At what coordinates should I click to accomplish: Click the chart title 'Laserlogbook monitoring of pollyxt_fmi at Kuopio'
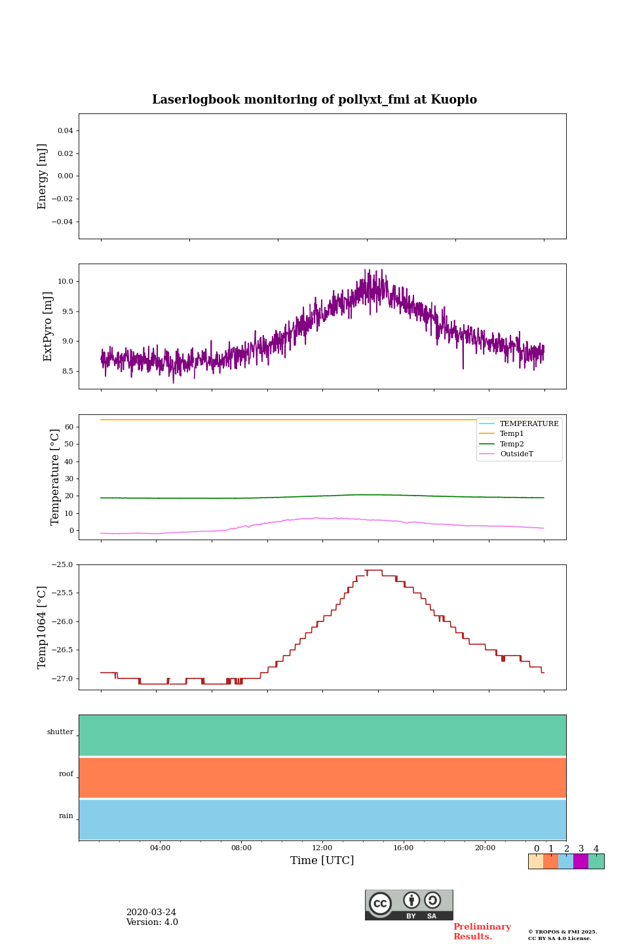pyautogui.click(x=314, y=100)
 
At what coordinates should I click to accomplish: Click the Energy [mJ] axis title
pyautogui.click(x=43, y=176)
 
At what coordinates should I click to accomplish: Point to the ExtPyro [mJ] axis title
pyautogui.click(x=48, y=326)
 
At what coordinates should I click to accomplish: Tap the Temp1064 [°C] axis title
pyautogui.click(x=43, y=627)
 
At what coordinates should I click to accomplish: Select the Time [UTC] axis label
pyautogui.click(x=322, y=860)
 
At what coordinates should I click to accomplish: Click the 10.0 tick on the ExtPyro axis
pyautogui.click(x=65, y=282)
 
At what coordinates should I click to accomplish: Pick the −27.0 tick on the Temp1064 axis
pyautogui.click(x=63, y=678)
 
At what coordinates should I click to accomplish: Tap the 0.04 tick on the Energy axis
pyautogui.click(x=65, y=131)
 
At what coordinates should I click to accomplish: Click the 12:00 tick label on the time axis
pyautogui.click(x=322, y=848)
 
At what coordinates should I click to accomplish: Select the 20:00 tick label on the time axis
pyautogui.click(x=485, y=848)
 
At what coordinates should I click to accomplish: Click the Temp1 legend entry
pyautogui.click(x=512, y=434)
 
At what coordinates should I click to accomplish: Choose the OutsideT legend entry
pyautogui.click(x=516, y=454)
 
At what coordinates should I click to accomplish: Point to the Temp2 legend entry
pyautogui.click(x=512, y=444)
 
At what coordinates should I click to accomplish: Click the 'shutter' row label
pyautogui.click(x=60, y=732)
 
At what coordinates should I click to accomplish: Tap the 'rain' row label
pyautogui.click(x=66, y=816)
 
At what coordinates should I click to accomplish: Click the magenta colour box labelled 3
pyautogui.click(x=581, y=861)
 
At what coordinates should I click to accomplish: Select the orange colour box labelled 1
pyautogui.click(x=550, y=861)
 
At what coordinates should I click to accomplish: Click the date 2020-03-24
pyautogui.click(x=151, y=913)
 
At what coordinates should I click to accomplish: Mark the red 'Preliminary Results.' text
pyautogui.click(x=482, y=932)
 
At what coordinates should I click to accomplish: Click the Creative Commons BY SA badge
pyautogui.click(x=409, y=905)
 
